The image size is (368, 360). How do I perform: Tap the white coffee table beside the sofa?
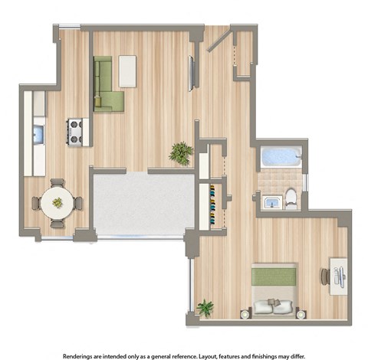tap(127, 70)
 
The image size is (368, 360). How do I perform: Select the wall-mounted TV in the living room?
tap(192, 74)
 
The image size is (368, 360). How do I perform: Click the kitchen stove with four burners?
tap(75, 132)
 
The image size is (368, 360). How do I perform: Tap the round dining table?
tap(57, 203)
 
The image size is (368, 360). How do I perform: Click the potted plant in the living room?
tap(181, 152)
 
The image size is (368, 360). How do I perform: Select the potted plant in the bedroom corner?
tap(205, 309)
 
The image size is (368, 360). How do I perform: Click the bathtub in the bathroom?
tap(281, 156)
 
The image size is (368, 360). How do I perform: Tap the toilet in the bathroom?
tap(291, 198)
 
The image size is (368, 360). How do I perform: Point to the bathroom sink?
tap(271, 201)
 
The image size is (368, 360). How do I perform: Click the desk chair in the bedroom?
tap(325, 276)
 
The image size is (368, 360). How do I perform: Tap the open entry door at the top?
tap(218, 38)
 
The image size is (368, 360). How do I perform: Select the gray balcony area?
tap(143, 203)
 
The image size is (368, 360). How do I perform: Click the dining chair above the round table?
tap(56, 184)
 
